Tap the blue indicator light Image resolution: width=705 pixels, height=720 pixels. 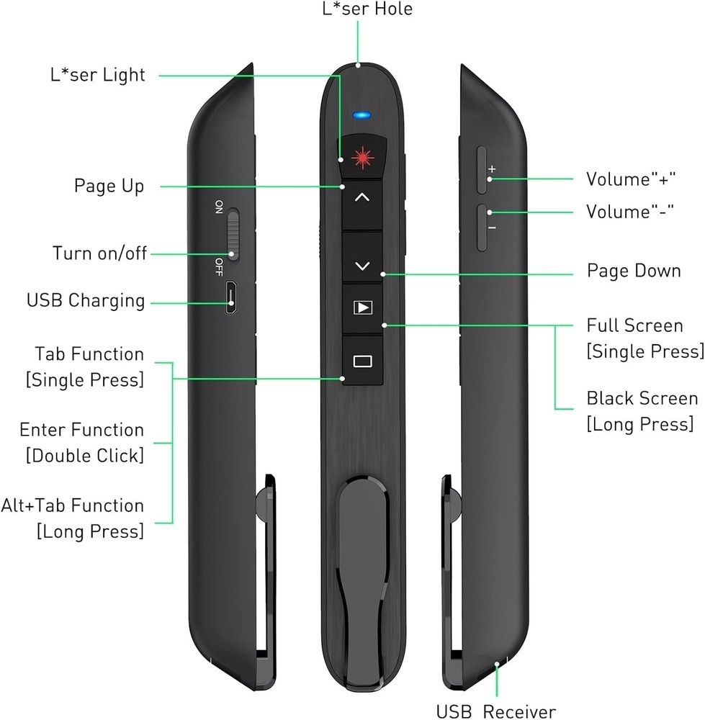click(x=362, y=114)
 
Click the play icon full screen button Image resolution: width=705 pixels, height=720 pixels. click(x=362, y=308)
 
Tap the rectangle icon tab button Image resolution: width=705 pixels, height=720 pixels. click(x=362, y=361)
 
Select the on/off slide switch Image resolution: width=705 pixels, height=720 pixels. click(x=233, y=235)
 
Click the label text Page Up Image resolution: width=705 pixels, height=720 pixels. click(x=109, y=186)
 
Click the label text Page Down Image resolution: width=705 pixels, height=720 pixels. click(x=634, y=271)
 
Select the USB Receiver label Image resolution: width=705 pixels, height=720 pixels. click(x=496, y=711)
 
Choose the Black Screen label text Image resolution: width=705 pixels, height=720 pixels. click(x=642, y=399)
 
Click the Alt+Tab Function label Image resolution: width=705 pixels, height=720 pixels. click(x=73, y=506)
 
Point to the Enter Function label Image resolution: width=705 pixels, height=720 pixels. click(x=81, y=431)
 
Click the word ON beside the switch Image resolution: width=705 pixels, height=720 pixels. click(x=219, y=208)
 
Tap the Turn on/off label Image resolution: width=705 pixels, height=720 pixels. click(x=99, y=253)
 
